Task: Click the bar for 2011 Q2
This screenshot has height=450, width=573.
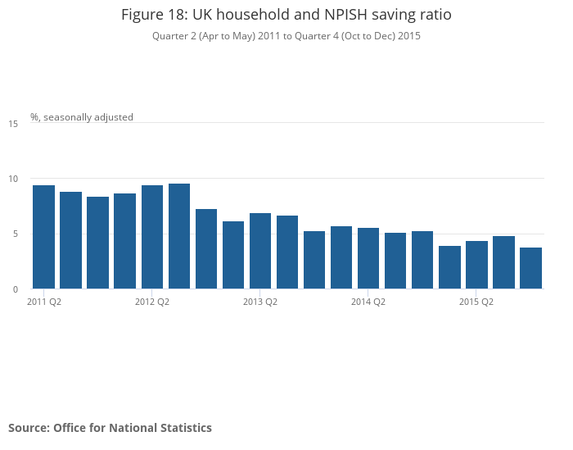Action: (x=44, y=237)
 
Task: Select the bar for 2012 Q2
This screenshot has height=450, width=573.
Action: (x=152, y=237)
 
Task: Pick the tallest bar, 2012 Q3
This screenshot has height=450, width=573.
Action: (x=179, y=236)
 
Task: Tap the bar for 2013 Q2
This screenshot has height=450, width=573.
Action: (x=260, y=251)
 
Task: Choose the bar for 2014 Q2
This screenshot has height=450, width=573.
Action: (x=368, y=258)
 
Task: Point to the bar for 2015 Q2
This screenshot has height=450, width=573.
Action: (x=476, y=265)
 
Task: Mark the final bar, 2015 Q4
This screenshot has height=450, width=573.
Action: (x=530, y=268)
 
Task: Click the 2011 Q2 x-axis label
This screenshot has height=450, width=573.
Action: (x=44, y=302)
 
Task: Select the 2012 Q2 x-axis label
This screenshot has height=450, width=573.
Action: (x=152, y=302)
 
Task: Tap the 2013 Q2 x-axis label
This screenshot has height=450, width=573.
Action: (x=260, y=302)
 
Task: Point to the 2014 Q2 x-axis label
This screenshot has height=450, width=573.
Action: (x=368, y=302)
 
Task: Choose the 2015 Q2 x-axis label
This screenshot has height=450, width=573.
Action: (x=476, y=302)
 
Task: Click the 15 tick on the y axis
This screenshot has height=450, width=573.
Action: (x=13, y=124)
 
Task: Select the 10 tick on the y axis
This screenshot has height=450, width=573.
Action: (x=13, y=179)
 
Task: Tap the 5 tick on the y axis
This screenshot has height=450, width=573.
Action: (x=16, y=234)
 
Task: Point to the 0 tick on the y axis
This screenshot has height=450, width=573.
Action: (x=16, y=289)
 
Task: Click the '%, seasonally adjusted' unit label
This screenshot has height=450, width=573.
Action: (x=82, y=117)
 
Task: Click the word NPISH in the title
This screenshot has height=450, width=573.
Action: (x=345, y=15)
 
